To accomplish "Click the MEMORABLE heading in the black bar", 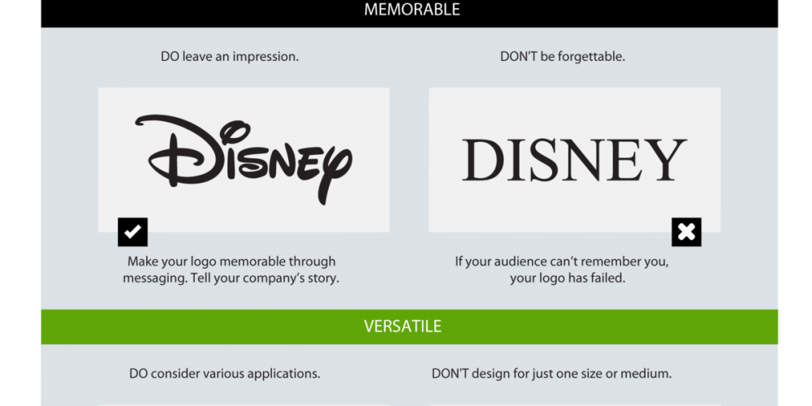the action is (x=412, y=9).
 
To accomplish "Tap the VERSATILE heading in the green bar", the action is (x=403, y=326).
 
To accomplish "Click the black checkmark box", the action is (x=132, y=232).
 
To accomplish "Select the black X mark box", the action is (x=686, y=232).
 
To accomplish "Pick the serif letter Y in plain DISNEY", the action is (x=666, y=160).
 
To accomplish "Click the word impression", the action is (x=266, y=57).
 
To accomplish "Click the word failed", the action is (x=608, y=278).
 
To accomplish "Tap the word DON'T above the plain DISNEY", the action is (x=518, y=57).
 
